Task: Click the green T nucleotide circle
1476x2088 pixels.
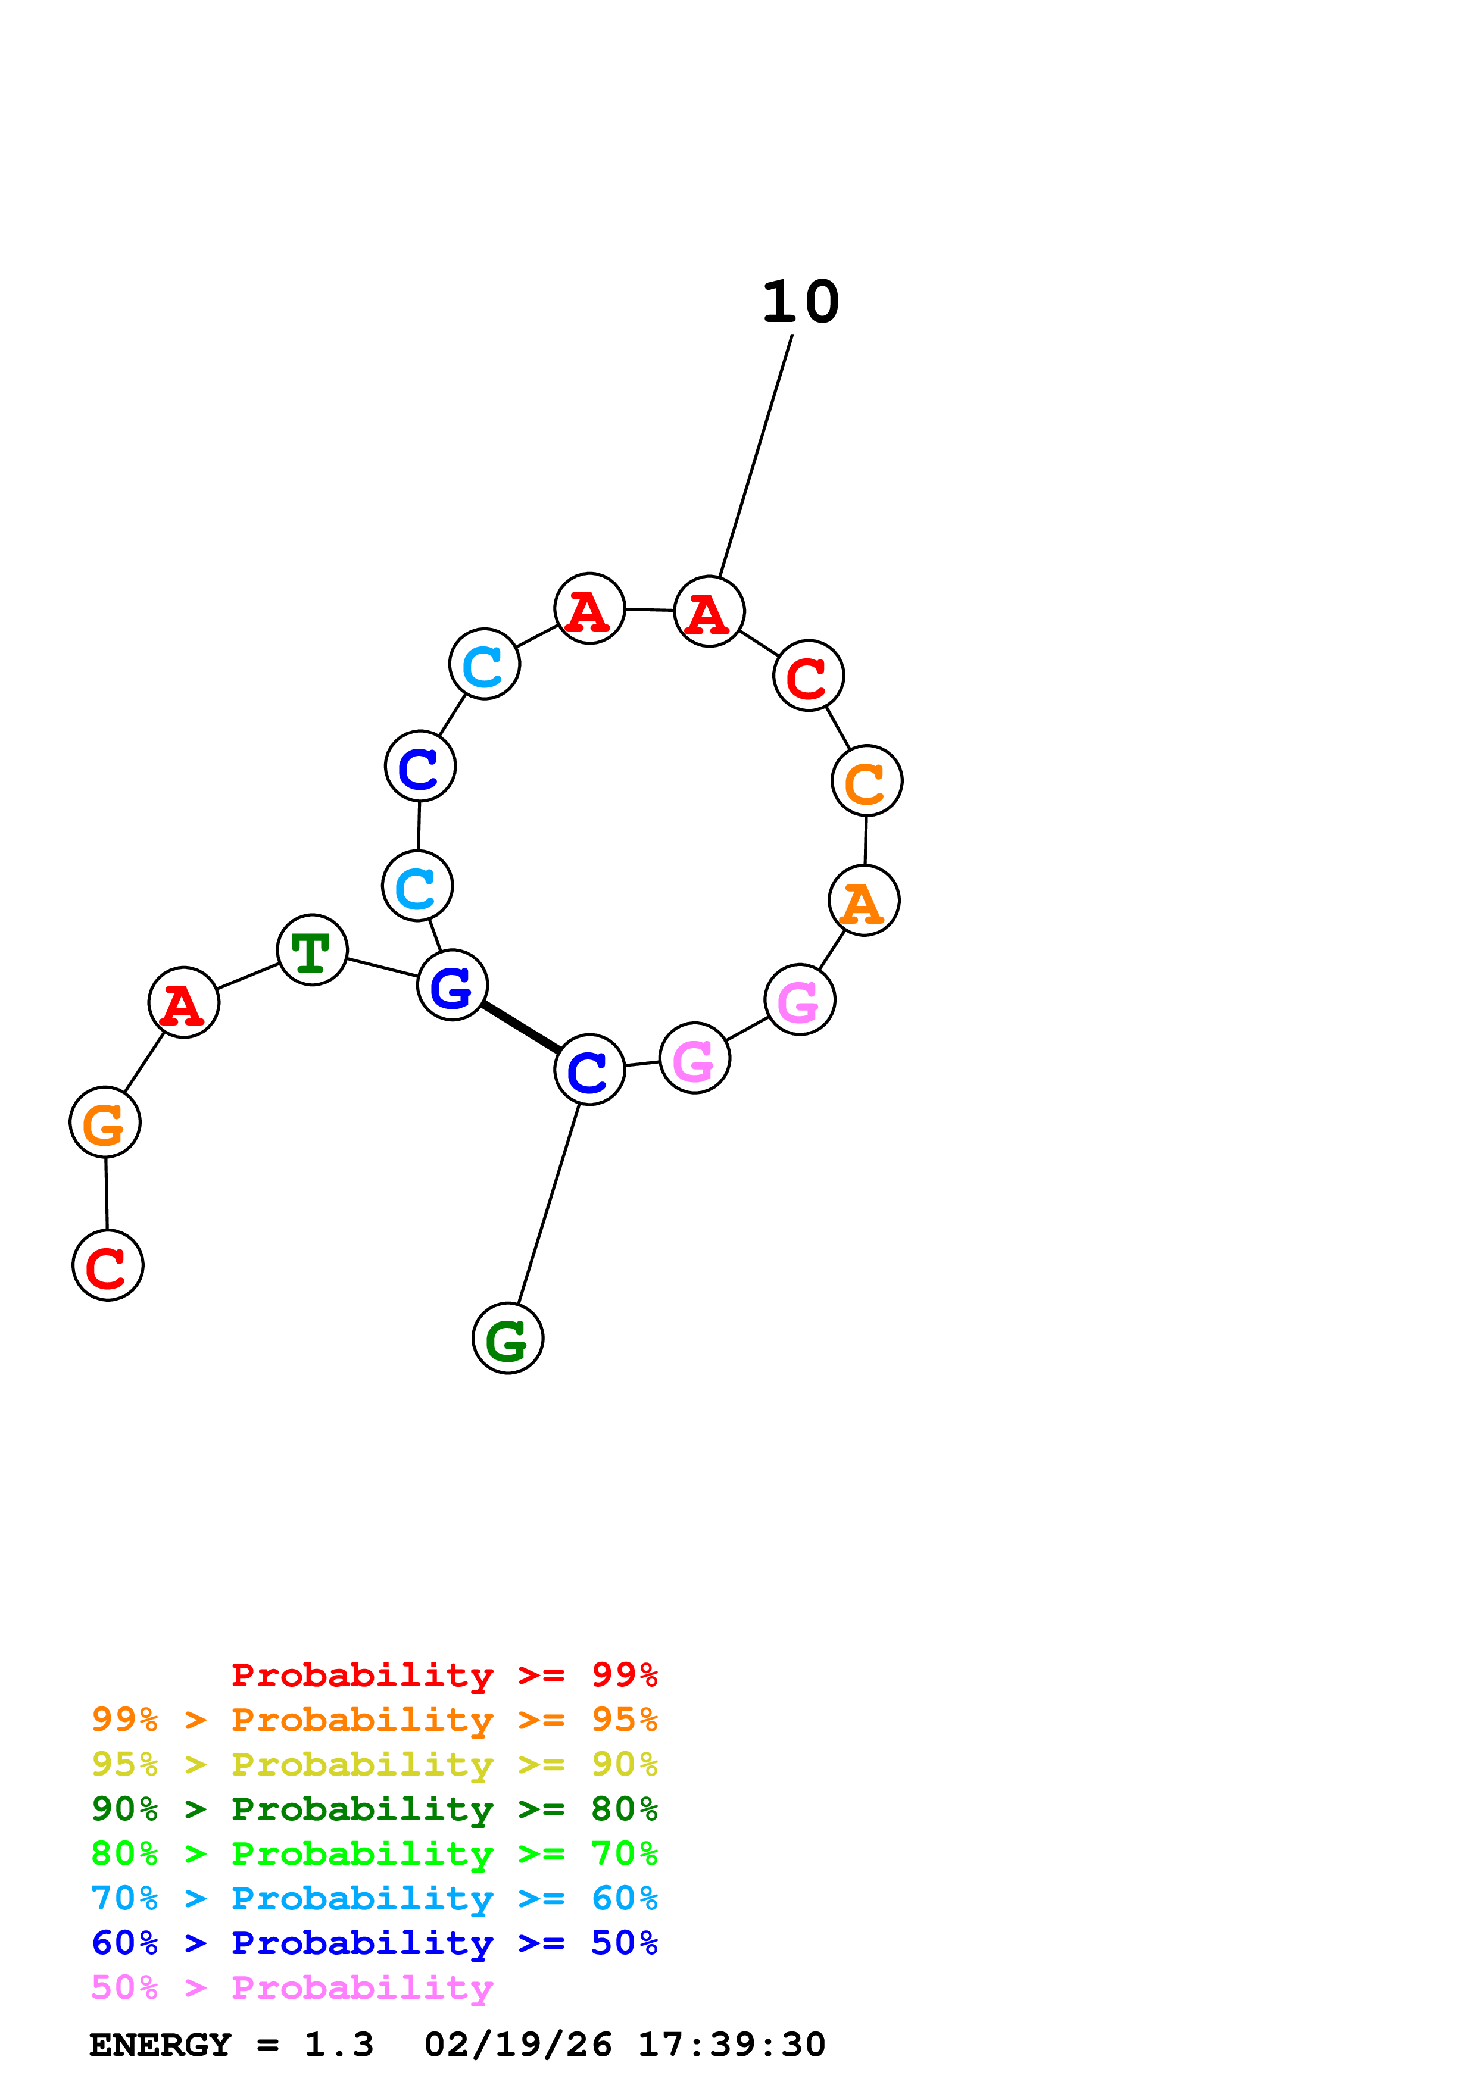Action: pyautogui.click(x=312, y=949)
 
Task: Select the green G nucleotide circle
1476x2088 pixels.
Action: pyautogui.click(x=507, y=1338)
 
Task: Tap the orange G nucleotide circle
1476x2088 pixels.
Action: pyautogui.click(x=105, y=1121)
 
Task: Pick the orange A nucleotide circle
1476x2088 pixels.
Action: pyautogui.click(x=864, y=901)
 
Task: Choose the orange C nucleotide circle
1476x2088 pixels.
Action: pyautogui.click(x=867, y=780)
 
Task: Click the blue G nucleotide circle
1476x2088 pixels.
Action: pyautogui.click(x=452, y=985)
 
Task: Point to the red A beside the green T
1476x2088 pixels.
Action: pyautogui.click(x=184, y=1002)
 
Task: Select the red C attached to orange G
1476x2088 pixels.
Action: pyautogui.click(x=107, y=1265)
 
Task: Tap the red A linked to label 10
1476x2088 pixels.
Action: pyautogui.click(x=709, y=611)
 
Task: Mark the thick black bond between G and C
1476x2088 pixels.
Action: pyautogui.click(x=521, y=1027)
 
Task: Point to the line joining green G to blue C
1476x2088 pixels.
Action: pyautogui.click(x=548, y=1203)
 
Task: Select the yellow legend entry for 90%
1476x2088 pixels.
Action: pyautogui.click(x=374, y=1764)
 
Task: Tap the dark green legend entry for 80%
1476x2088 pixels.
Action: pyautogui.click(x=374, y=1809)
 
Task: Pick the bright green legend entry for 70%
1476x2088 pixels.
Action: pyautogui.click(x=374, y=1853)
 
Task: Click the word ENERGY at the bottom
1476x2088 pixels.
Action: pyautogui.click(x=160, y=2045)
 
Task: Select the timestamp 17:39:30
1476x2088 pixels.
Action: pyautogui.click(x=731, y=2045)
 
